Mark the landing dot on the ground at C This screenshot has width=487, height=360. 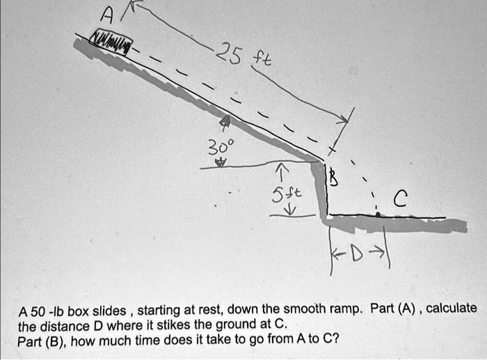(378, 216)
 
